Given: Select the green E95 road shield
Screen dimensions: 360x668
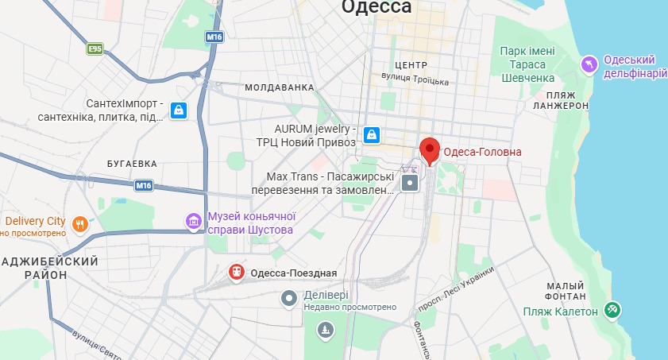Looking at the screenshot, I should pyautogui.click(x=96, y=49).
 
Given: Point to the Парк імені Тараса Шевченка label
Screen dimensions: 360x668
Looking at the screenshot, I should pyautogui.click(x=527, y=64).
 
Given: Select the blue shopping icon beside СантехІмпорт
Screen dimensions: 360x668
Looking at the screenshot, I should pyautogui.click(x=179, y=110).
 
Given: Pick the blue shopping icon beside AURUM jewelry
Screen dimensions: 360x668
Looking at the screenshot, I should pyautogui.click(x=371, y=135).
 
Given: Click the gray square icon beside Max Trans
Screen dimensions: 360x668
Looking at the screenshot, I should pyautogui.click(x=410, y=184).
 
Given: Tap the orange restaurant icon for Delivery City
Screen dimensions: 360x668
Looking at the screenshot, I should pyautogui.click(x=79, y=223).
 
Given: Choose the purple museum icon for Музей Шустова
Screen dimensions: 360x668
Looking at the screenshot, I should pyautogui.click(x=194, y=222).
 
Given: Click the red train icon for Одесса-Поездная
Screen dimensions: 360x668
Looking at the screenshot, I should pyautogui.click(x=236, y=273).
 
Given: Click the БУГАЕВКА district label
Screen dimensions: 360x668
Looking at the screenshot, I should pyautogui.click(x=132, y=163).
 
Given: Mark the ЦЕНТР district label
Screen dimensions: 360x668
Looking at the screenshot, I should pyautogui.click(x=411, y=65).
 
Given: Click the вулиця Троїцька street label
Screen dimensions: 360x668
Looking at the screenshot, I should pyautogui.click(x=415, y=79).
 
